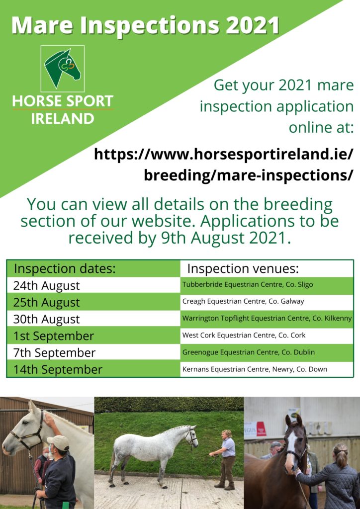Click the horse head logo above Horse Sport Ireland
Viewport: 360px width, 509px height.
[x=63, y=69]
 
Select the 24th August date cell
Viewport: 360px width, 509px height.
[x=93, y=285]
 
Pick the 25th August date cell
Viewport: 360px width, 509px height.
[x=93, y=302]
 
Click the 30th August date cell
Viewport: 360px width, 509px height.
[x=93, y=319]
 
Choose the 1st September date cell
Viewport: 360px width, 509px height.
[x=93, y=336]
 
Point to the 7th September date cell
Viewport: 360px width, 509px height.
[x=93, y=353]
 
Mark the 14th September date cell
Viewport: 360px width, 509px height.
[x=93, y=369]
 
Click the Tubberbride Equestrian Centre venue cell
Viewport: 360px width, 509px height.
[x=267, y=285]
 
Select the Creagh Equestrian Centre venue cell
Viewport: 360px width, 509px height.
[x=267, y=302]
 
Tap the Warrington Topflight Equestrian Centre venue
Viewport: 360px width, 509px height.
[x=267, y=319]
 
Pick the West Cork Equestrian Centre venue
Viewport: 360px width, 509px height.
[x=267, y=336]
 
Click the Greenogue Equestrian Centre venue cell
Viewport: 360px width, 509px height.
[x=267, y=352]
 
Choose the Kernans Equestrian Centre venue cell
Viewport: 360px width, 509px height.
[x=267, y=369]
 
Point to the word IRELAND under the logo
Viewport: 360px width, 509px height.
[x=63, y=118]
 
